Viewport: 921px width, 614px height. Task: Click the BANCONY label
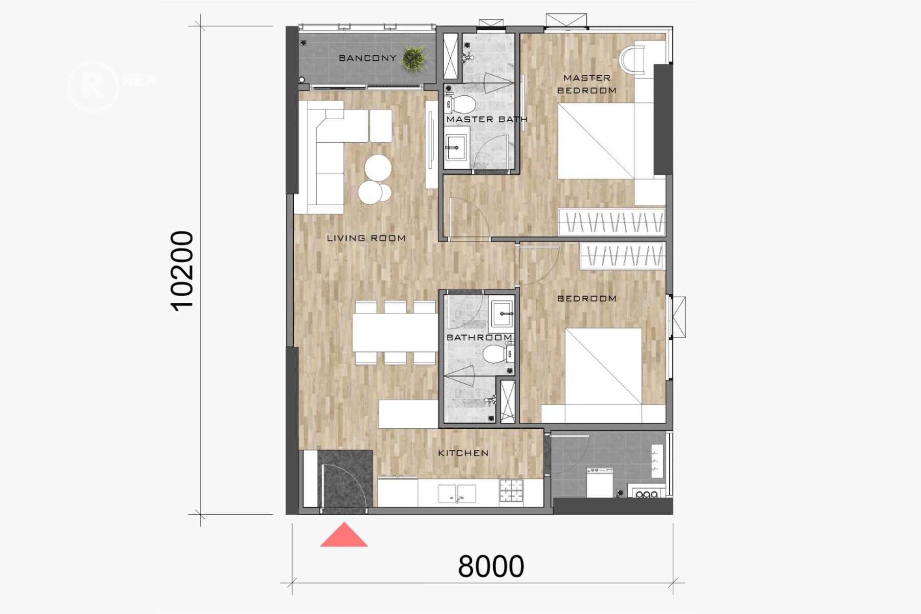point(367,58)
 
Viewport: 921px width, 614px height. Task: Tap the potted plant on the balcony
point(414,58)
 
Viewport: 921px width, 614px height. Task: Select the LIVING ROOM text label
point(366,238)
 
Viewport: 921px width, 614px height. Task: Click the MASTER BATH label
point(487,119)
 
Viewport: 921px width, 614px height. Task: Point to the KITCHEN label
point(464,453)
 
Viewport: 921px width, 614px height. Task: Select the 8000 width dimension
point(491,566)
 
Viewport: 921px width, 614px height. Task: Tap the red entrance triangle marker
point(344,535)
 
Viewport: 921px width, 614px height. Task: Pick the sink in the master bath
point(456,148)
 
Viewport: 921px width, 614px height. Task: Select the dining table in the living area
point(395,332)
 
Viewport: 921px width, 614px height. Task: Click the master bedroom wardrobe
point(611,222)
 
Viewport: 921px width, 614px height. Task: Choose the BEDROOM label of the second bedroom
point(587,298)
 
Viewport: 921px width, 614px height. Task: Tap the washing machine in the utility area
point(600,482)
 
